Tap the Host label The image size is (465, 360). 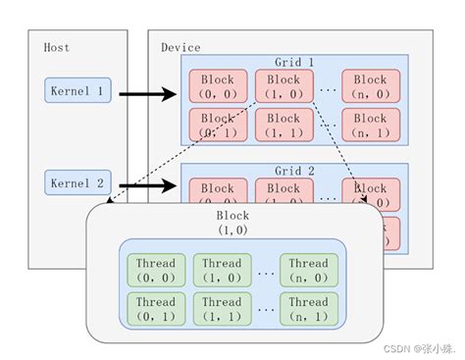57,47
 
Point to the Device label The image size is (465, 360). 181,47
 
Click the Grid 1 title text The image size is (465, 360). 295,62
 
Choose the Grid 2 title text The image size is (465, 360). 295,171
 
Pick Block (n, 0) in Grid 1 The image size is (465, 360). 371,86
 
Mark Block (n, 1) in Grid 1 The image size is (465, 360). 371,125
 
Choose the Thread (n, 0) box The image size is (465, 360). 308,270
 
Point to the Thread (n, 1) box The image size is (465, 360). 308,308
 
